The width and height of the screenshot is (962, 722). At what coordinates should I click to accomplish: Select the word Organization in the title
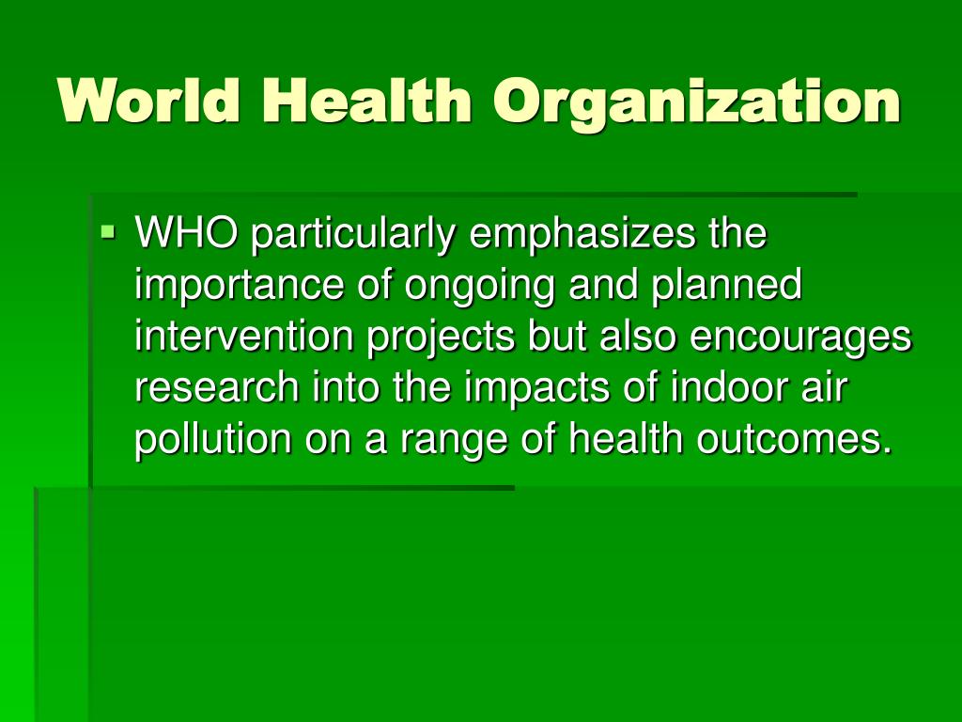click(696, 103)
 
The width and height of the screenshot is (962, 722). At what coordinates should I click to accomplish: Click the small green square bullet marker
click(108, 232)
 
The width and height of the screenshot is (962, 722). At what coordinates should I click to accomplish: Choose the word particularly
click(353, 236)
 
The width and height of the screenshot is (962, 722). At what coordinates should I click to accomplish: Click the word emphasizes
click(582, 236)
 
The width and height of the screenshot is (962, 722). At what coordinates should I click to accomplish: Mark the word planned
click(726, 287)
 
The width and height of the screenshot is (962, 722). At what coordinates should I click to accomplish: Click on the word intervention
click(243, 337)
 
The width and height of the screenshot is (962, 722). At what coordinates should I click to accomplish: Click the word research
click(216, 389)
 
